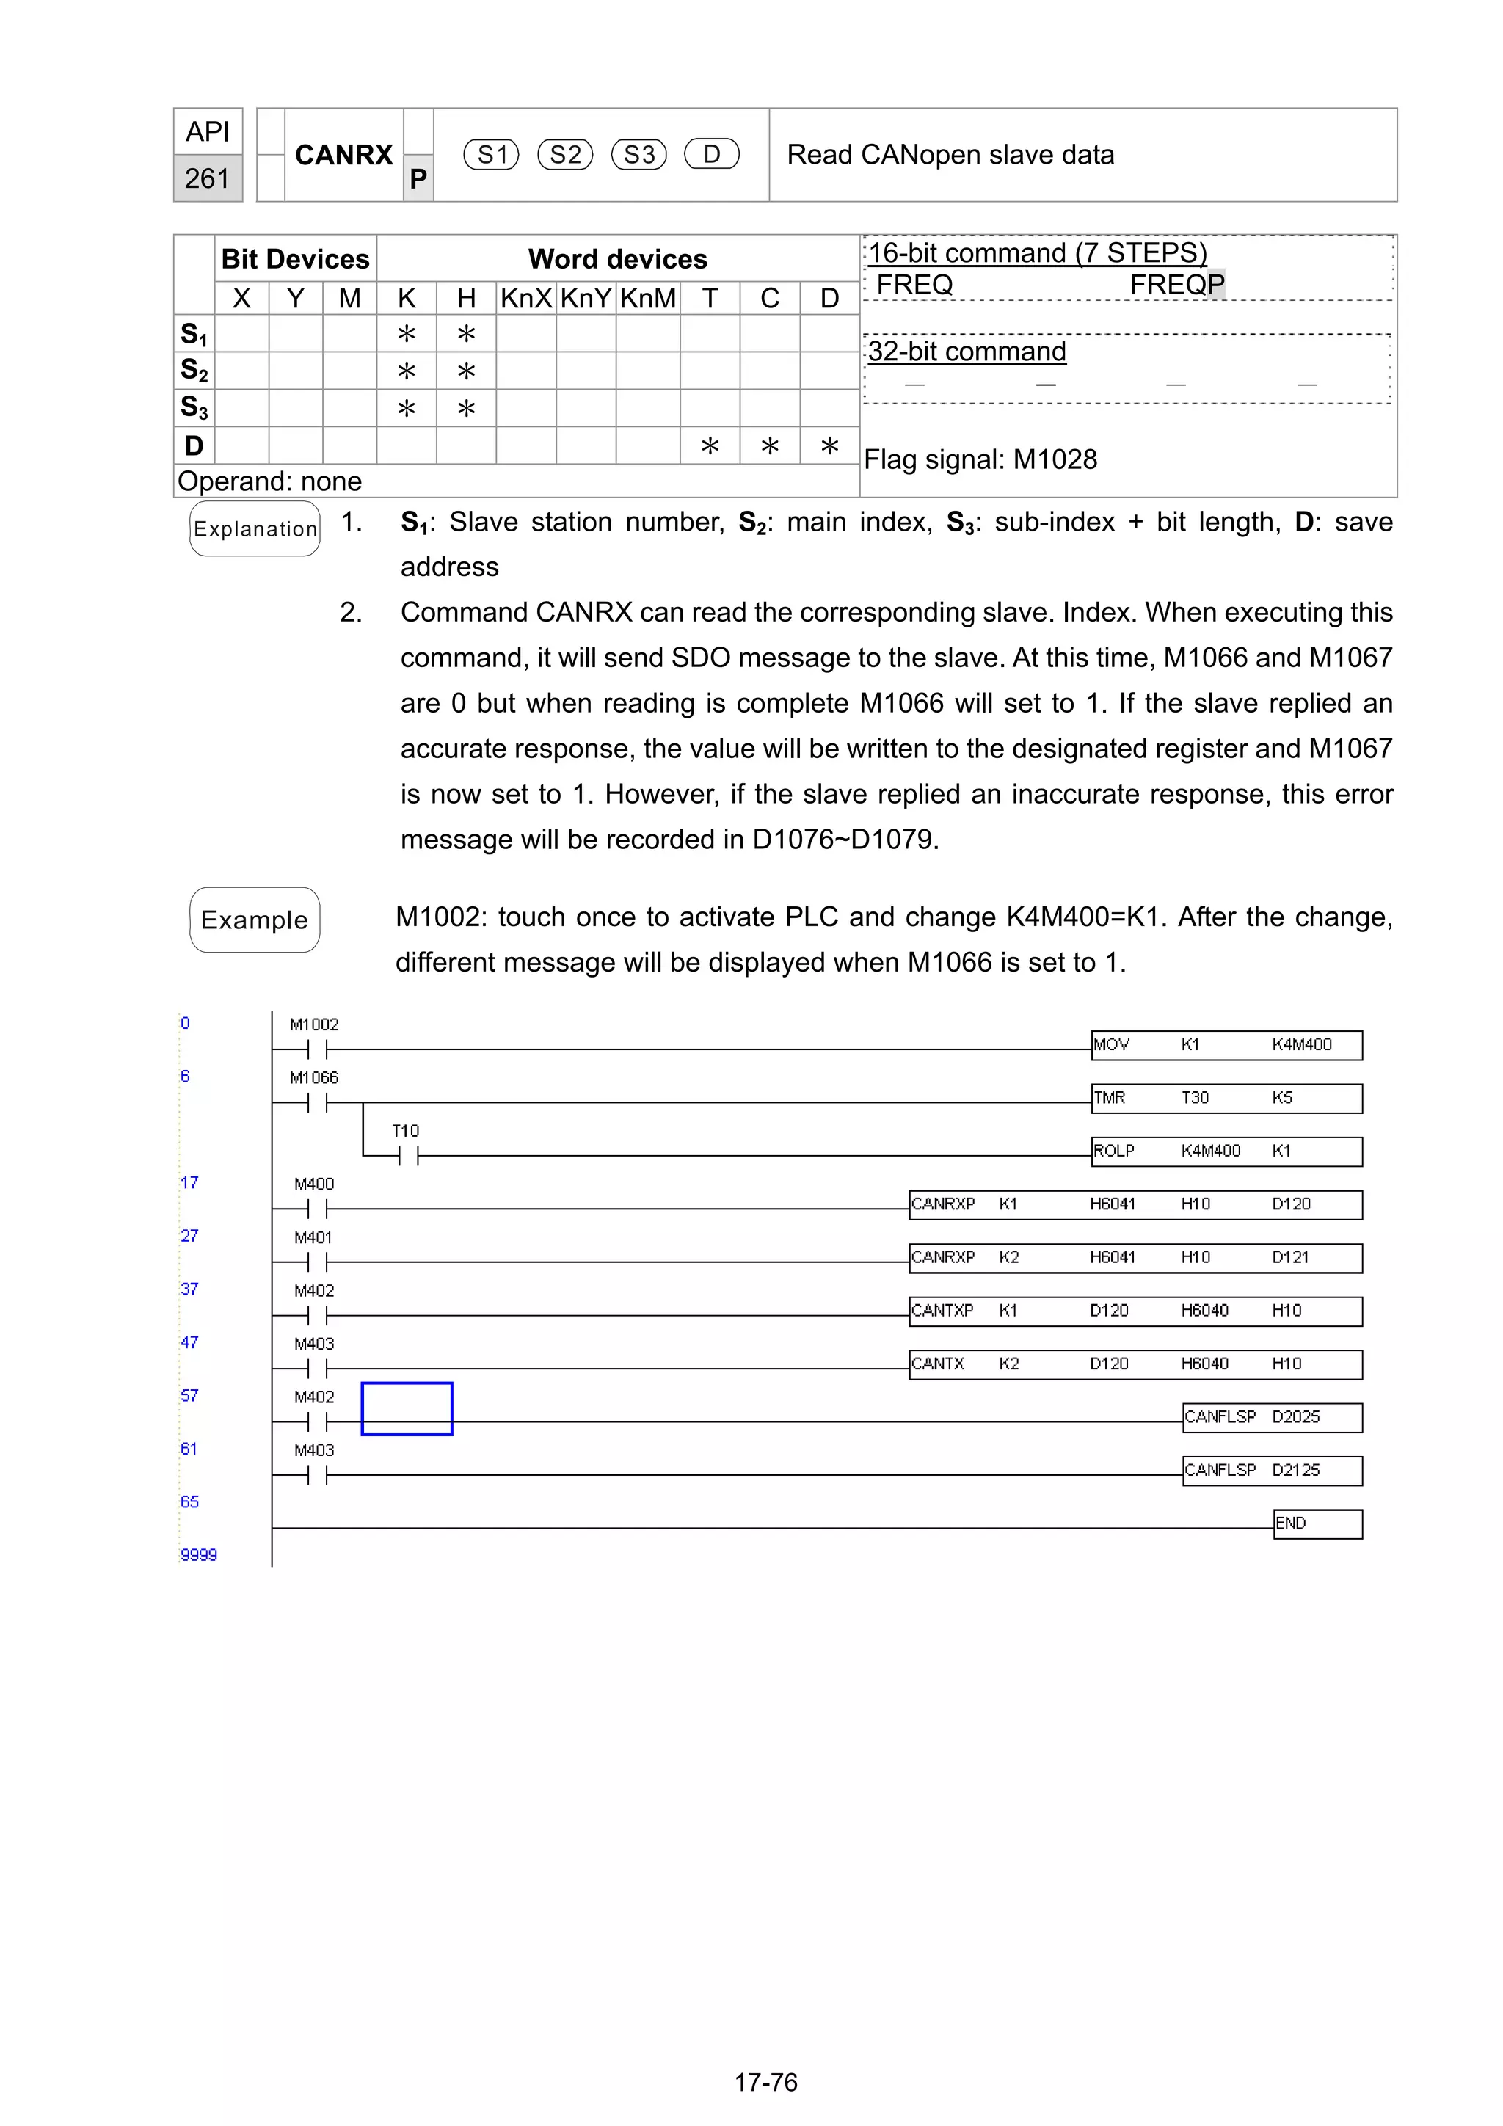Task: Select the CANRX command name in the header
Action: [343, 155]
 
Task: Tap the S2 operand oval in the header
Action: [565, 155]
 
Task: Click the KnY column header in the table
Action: [585, 298]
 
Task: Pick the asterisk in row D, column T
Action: [710, 446]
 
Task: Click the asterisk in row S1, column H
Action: [466, 334]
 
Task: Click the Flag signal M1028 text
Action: [980, 459]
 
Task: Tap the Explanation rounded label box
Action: [255, 528]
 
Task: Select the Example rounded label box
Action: [255, 920]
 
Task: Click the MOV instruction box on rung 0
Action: [1226, 1044]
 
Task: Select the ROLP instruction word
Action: [1113, 1151]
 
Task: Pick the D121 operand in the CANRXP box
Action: [1290, 1257]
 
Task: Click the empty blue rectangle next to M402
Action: [407, 1408]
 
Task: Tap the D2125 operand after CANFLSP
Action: [1295, 1471]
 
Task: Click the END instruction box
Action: [1317, 1523]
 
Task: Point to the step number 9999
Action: [198, 1554]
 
